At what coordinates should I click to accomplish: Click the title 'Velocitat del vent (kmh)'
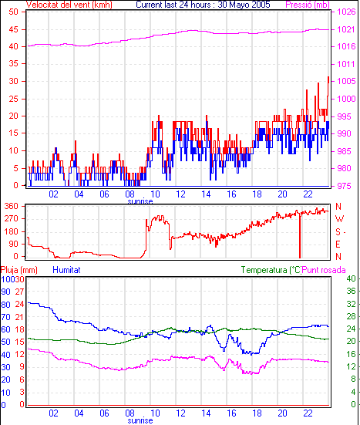[69, 5]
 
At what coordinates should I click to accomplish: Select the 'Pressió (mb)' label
[307, 5]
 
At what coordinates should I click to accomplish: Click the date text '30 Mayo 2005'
[244, 5]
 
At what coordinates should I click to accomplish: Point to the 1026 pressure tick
[346, 12]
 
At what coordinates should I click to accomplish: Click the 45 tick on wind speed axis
[14, 29]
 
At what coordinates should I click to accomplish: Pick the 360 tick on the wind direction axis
[12, 206]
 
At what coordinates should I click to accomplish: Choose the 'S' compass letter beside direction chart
[338, 231]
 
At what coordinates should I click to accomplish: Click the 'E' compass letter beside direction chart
[338, 245]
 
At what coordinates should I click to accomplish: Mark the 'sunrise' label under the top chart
[140, 201]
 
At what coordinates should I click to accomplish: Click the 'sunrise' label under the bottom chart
[140, 420]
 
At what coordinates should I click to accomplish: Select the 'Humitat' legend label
[66, 270]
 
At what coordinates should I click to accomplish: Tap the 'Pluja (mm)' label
[19, 270]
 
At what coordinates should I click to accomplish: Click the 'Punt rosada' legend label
[324, 270]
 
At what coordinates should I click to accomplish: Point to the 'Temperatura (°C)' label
[271, 270]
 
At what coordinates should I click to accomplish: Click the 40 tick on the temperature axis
[351, 278]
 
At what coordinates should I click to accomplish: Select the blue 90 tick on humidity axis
[5, 292]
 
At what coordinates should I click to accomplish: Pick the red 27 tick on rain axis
[19, 292]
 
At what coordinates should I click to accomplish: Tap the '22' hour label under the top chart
[308, 194]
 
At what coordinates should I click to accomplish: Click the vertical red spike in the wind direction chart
[300, 235]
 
